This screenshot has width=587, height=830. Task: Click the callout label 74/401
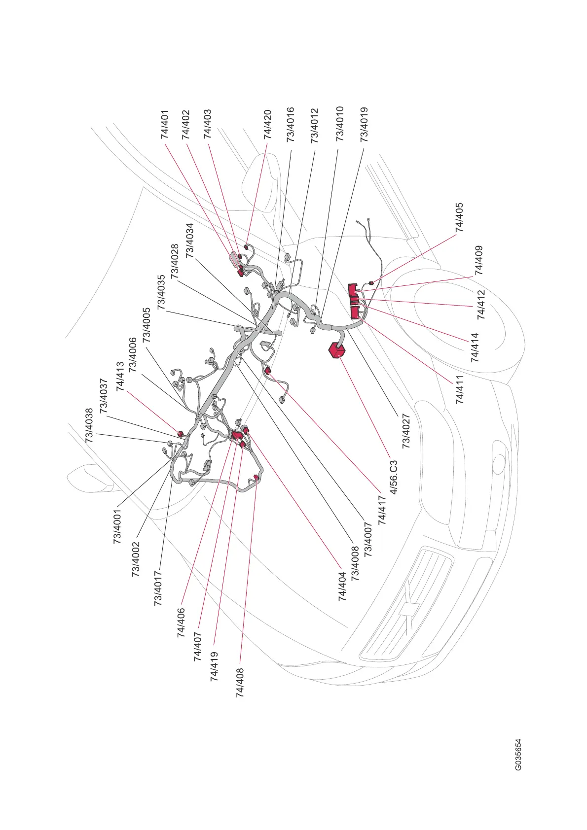pos(166,124)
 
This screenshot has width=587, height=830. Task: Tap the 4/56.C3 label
pos(394,477)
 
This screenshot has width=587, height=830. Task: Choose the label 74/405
pos(460,217)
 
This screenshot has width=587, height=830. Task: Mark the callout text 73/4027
pos(406,431)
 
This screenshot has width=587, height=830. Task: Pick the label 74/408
pos(241,683)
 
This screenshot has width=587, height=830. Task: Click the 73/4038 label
pos(89,425)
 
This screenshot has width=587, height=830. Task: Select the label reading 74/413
pos(120,377)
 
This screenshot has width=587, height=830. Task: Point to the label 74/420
pos(267,124)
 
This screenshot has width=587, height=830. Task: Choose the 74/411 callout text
pos(460,389)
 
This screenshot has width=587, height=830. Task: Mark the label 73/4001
pos(117,526)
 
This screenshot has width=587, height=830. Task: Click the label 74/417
pos(382,509)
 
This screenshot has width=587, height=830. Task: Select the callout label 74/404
pos(342,586)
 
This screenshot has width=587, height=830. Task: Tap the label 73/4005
pos(147,325)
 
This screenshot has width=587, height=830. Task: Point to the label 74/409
pos(478,260)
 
